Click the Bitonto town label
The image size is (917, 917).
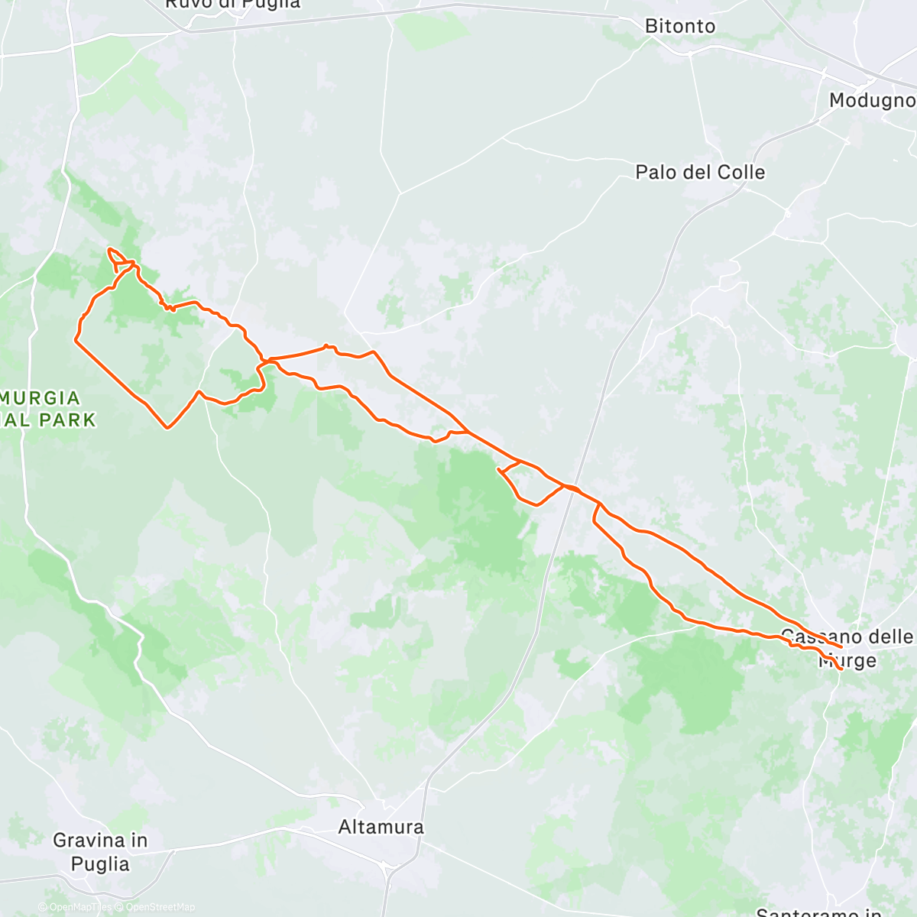tap(680, 26)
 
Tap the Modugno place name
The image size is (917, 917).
tap(871, 100)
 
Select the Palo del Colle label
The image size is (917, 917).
tap(700, 172)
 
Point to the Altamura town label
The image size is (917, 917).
tap(381, 827)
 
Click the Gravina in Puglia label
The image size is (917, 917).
tap(100, 852)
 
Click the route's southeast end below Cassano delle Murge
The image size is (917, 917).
tap(841, 669)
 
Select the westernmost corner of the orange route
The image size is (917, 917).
tap(76, 339)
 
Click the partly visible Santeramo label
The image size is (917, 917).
tap(818, 912)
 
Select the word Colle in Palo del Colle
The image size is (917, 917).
tap(736, 172)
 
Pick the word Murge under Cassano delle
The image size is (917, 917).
tap(847, 660)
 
